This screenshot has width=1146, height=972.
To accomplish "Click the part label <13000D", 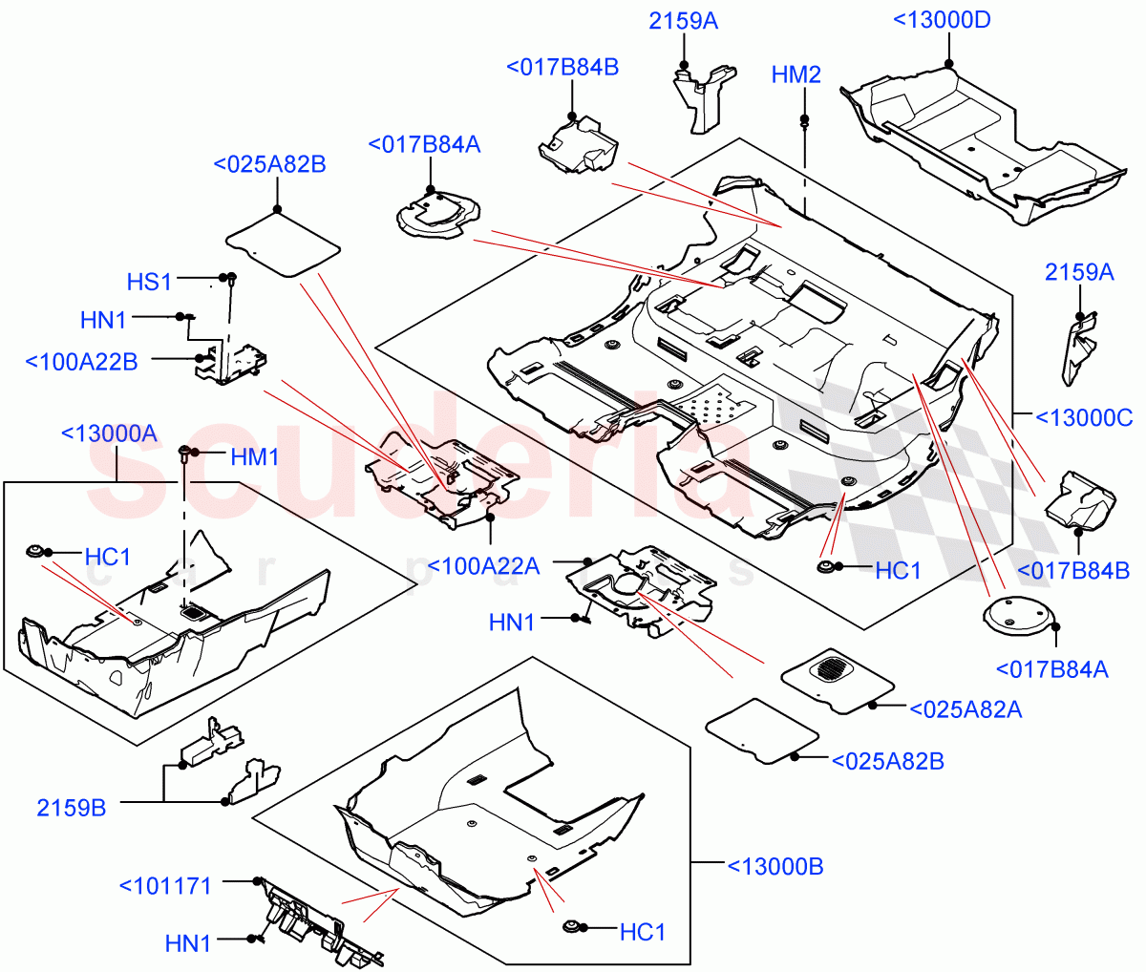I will point(941,20).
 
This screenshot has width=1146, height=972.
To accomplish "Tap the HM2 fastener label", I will point(796,74).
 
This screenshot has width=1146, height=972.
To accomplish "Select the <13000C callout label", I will point(1084,417).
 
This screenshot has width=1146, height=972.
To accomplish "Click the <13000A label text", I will point(108,433).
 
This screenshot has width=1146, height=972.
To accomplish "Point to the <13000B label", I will point(775,866).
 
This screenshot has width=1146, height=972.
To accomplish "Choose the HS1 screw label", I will point(149,282).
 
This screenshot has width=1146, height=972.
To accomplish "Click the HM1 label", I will point(254,457).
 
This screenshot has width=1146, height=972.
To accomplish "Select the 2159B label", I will point(72,808).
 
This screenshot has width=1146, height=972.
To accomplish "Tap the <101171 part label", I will point(165,885).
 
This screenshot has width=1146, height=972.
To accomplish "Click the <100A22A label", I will point(483,566).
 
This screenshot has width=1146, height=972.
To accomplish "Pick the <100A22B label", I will point(81,362).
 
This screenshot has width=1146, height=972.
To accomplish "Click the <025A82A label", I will point(966,708).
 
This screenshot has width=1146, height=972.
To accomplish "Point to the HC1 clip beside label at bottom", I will point(573,927).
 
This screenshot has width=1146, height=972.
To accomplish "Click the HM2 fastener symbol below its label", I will point(804,121).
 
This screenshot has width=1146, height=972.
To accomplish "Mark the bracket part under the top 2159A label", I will point(702,95).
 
